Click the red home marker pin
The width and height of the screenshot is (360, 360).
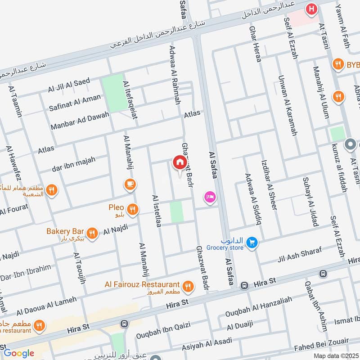(x=179, y=162)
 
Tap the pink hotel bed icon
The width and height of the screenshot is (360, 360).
(x=209, y=197)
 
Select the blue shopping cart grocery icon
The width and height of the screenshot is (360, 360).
(x=252, y=243)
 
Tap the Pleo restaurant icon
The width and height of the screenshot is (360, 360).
(x=132, y=209)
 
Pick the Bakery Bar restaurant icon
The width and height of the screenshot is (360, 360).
(x=92, y=233)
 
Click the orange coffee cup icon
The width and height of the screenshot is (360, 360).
(x=130, y=184)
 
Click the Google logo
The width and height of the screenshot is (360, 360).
(x=18, y=353)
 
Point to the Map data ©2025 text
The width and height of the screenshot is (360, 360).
(x=336, y=355)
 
